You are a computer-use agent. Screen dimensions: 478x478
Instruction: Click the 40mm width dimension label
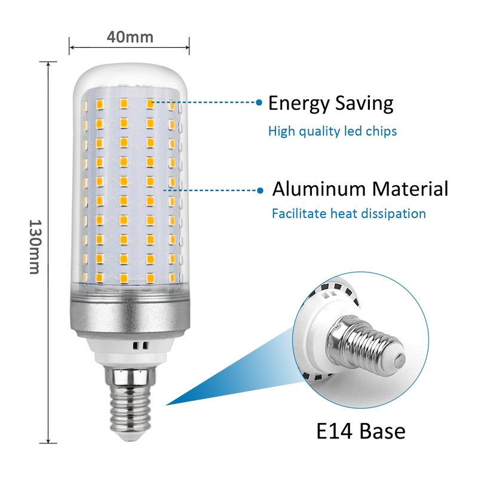pos(130,36)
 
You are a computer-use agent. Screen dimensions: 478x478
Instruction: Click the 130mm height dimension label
pos(35,247)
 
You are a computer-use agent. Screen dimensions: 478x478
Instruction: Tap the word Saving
pos(364,103)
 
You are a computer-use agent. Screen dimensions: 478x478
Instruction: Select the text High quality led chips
pos(332,131)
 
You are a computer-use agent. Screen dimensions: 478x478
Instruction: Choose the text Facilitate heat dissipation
pos(348,213)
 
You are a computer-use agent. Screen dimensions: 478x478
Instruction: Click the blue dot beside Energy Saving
pos(259,103)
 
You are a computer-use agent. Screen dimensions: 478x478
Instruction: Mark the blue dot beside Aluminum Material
pos(260,191)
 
